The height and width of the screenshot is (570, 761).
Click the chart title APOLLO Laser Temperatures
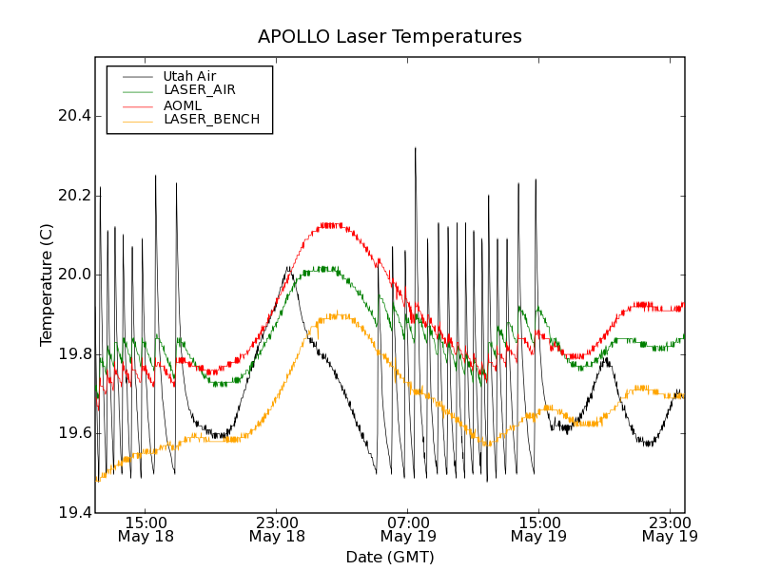[390, 37]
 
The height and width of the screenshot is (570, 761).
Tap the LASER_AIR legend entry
[199, 89]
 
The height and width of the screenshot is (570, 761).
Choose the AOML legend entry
[183, 104]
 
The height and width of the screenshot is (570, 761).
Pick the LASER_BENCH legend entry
[211, 120]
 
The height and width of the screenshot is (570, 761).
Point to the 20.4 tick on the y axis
[75, 116]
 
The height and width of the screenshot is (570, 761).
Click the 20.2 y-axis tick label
[75, 196]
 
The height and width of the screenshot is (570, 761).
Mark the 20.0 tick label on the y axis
[75, 275]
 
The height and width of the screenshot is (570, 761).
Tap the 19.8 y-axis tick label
[75, 354]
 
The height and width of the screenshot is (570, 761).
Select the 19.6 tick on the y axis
[75, 433]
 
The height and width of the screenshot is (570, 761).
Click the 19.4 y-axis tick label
[75, 513]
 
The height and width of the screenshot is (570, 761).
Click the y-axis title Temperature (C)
[47, 285]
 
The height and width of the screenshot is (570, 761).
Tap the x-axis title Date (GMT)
[390, 557]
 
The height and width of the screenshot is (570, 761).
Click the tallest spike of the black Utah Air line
[415, 148]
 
